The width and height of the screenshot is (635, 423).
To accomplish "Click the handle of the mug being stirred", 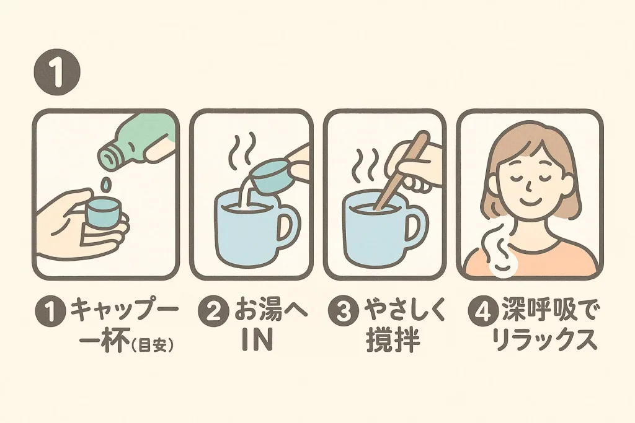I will pos(417,224).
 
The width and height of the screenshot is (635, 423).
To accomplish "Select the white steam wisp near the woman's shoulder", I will pos(500,251).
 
